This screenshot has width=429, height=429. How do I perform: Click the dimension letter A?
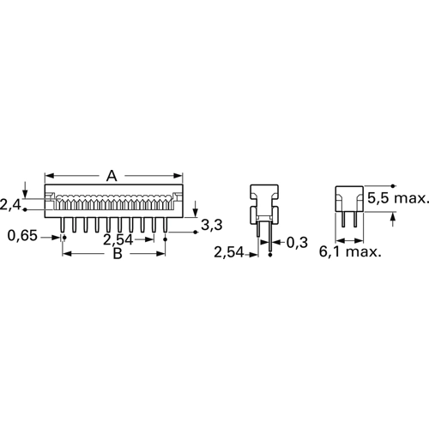tap(112, 176)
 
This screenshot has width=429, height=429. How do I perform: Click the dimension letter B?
tap(118, 253)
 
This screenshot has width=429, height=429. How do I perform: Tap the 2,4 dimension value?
tap(10, 205)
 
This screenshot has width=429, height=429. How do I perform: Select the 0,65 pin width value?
tap(22, 236)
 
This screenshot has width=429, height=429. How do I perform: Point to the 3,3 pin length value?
tap(212, 225)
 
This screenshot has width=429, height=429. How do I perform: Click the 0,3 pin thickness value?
tap(297, 243)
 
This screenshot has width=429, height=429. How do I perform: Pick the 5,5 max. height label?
tap(398, 198)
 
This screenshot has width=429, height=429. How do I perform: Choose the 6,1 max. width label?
tap(350, 252)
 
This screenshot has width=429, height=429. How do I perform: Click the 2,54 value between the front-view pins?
tap(118, 239)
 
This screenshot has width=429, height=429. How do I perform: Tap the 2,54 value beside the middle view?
tap(229, 252)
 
